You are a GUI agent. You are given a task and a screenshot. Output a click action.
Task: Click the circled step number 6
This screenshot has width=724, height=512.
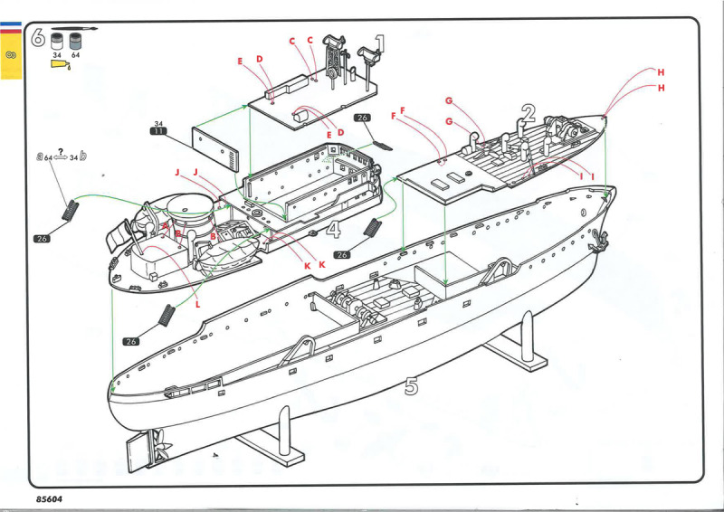point(37,38)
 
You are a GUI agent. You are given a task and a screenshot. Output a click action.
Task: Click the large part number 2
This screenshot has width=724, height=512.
point(529,114)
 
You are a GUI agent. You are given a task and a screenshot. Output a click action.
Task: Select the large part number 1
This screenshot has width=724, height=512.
point(379,43)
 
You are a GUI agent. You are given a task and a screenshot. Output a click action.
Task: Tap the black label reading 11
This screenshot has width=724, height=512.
point(158,132)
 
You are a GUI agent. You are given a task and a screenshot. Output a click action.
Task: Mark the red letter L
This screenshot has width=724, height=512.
point(197,306)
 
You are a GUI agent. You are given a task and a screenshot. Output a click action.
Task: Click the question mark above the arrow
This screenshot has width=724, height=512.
point(60,150)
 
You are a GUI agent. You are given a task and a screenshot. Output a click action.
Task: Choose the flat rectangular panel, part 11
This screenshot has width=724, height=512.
point(214,148)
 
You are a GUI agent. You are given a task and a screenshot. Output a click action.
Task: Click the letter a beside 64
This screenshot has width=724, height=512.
point(40,156)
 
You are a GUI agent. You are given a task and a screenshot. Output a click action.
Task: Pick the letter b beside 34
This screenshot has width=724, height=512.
point(83,156)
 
